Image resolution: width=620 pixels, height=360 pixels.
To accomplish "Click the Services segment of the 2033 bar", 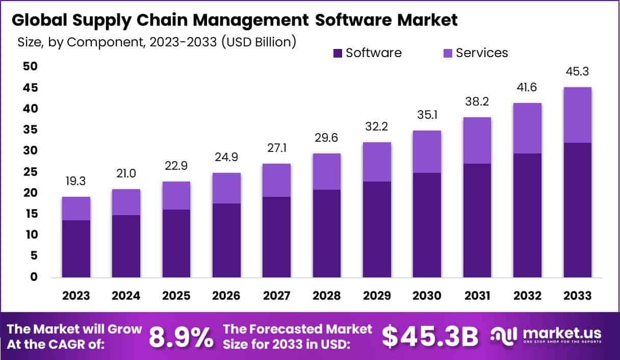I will click(x=578, y=115).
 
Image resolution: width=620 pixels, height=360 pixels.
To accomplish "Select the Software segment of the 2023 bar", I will click(x=76, y=249).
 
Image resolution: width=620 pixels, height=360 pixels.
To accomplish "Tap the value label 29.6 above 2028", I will click(x=326, y=138).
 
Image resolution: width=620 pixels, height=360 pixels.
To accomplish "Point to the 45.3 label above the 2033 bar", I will click(x=578, y=72).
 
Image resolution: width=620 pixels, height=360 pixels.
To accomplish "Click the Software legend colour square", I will click(x=338, y=53).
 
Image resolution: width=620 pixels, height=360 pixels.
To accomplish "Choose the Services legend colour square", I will click(x=448, y=53).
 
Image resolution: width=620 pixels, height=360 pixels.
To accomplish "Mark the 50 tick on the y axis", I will click(x=30, y=67).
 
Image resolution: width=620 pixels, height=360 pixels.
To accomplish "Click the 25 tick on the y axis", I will click(x=30, y=172).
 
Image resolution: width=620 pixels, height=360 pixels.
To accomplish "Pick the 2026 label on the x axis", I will click(x=227, y=296).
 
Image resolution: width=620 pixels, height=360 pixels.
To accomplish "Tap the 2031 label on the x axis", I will click(x=477, y=296).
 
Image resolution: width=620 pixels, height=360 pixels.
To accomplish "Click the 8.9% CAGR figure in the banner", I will click(x=181, y=336).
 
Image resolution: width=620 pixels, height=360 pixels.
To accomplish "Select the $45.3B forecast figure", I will click(x=431, y=336).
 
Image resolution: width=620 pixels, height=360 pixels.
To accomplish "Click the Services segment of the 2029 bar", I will click(x=377, y=162).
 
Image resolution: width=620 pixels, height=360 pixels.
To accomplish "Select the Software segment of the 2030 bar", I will click(x=427, y=225).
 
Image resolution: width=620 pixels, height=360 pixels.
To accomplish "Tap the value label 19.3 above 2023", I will click(x=76, y=182).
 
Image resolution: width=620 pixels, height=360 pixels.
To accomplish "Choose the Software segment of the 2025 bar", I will click(x=176, y=243).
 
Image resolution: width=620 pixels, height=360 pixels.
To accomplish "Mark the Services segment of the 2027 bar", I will click(x=276, y=180).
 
